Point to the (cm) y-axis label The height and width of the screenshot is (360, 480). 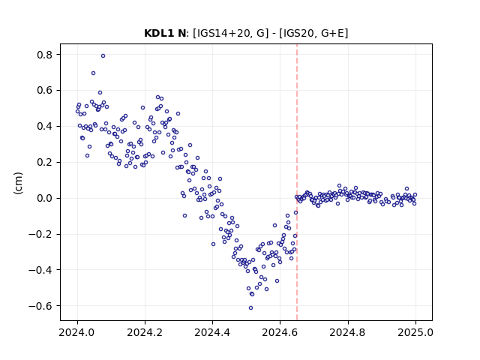18,183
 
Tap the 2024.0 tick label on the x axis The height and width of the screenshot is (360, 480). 77,332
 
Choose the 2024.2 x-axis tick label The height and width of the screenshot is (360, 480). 145,332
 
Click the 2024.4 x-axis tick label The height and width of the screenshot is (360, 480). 212,332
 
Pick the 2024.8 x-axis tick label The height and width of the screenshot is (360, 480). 347,332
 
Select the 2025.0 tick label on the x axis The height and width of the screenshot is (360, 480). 415,332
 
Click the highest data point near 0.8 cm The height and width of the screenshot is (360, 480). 103,55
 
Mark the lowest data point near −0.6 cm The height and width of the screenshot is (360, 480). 250,307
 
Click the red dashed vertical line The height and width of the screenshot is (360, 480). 297,182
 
